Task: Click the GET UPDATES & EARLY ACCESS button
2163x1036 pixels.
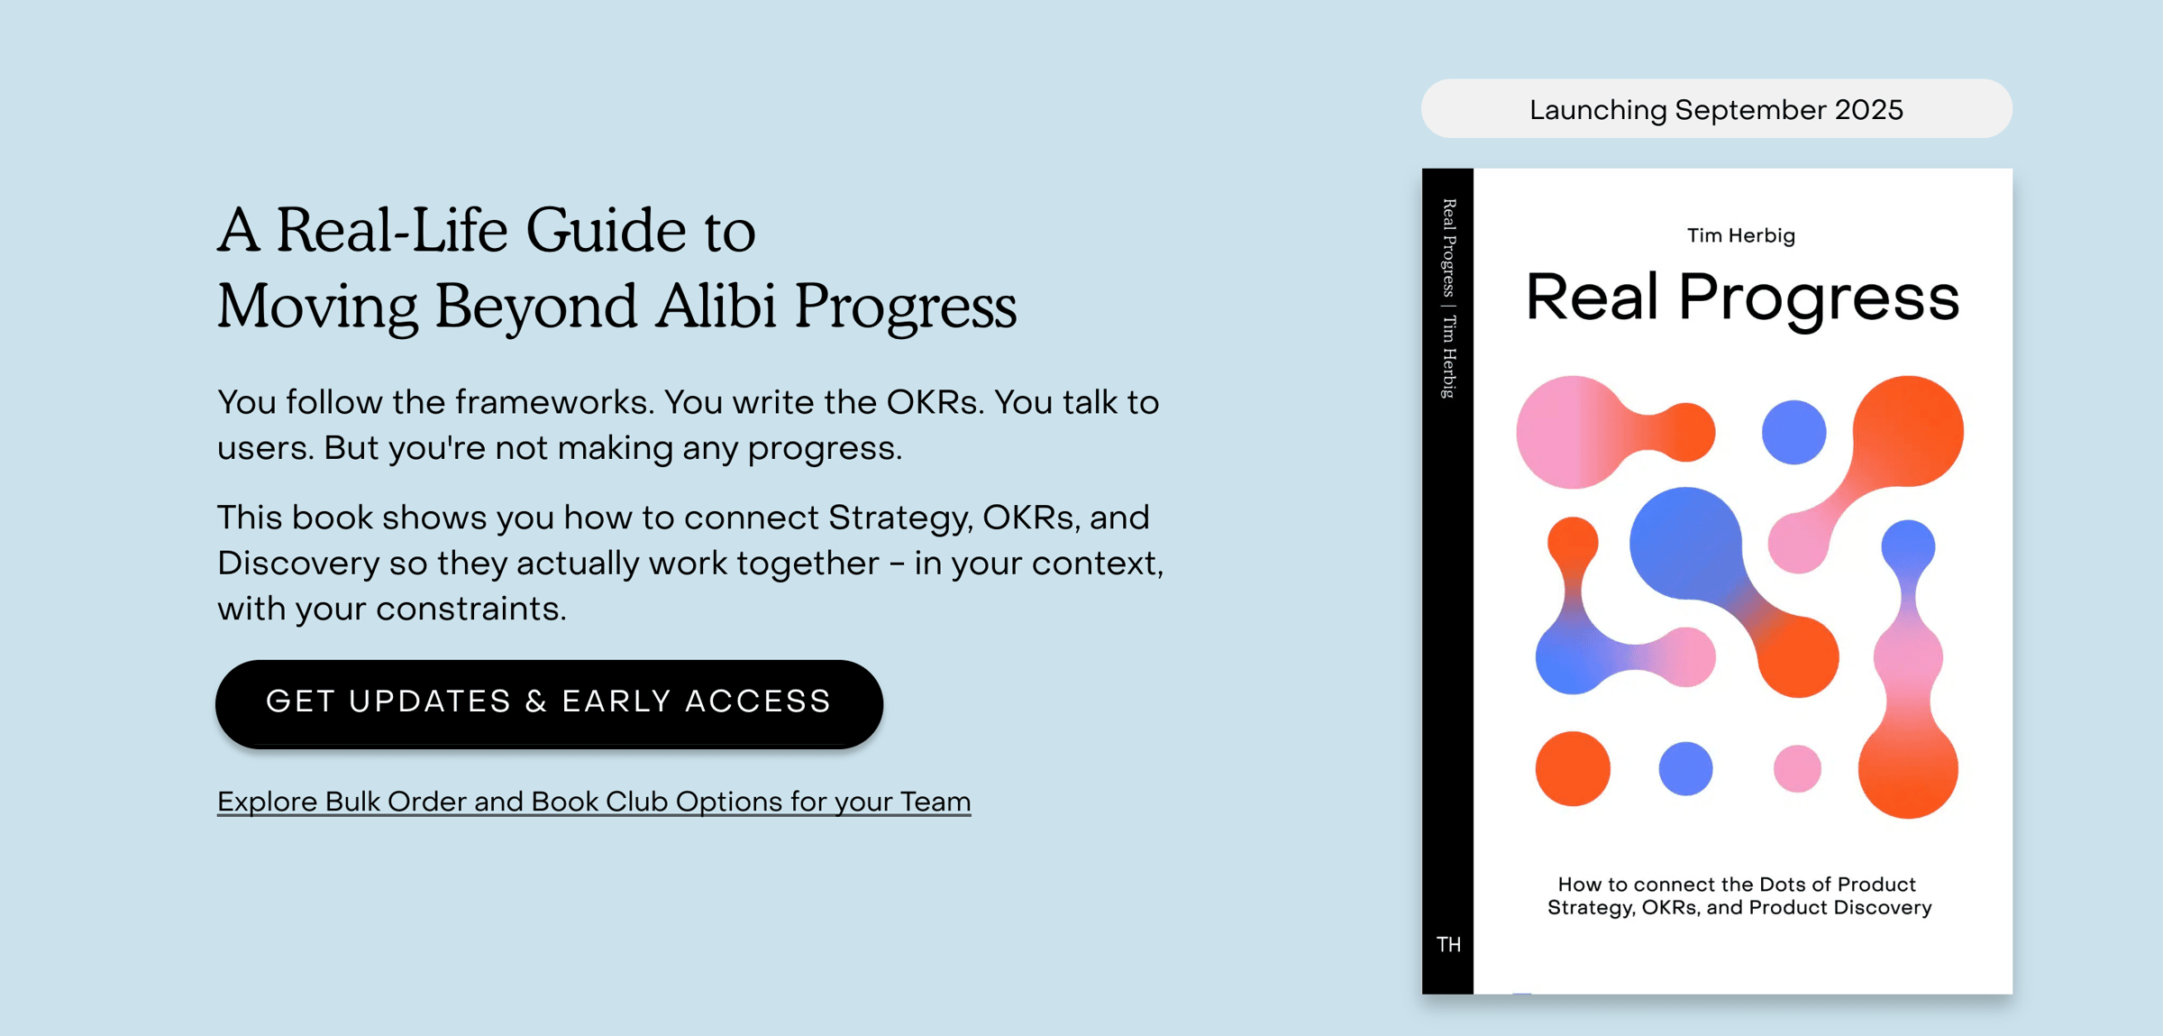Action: pyautogui.click(x=549, y=703)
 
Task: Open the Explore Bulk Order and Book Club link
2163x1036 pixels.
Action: pyautogui.click(x=594, y=802)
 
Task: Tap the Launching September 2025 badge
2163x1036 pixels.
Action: pyautogui.click(x=1716, y=109)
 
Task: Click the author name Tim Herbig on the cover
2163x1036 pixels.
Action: pyautogui.click(x=1741, y=235)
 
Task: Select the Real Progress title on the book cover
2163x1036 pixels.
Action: pyautogui.click(x=1742, y=298)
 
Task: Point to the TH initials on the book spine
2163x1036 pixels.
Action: pyautogui.click(x=1448, y=944)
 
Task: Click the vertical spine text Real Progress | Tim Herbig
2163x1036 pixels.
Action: pyautogui.click(x=1448, y=298)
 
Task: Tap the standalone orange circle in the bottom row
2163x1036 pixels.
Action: pyautogui.click(x=1573, y=768)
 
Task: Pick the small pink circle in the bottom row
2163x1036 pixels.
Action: pyautogui.click(x=1797, y=768)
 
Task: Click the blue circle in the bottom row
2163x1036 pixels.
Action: pyautogui.click(x=1685, y=768)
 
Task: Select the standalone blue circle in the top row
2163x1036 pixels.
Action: pyautogui.click(x=1793, y=432)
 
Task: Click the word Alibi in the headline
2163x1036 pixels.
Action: pyautogui.click(x=716, y=306)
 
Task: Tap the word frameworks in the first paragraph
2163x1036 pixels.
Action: pyautogui.click(x=553, y=402)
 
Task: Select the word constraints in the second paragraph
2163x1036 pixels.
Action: pyautogui.click(x=471, y=610)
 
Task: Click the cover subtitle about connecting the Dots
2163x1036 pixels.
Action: pyautogui.click(x=1739, y=895)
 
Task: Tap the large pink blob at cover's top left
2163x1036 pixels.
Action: pyautogui.click(x=1573, y=432)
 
